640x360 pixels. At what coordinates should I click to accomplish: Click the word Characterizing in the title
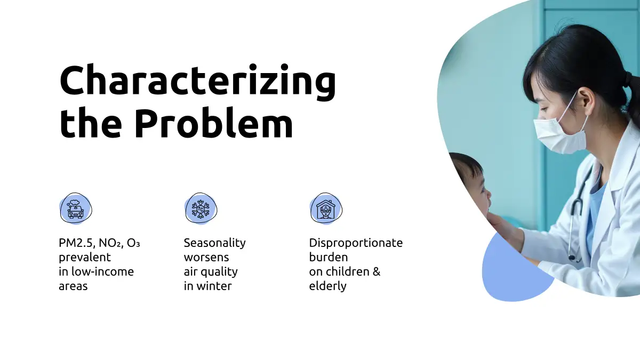[x=198, y=82]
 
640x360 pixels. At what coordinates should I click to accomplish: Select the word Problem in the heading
[x=213, y=123]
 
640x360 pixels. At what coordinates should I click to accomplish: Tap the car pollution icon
[x=76, y=209]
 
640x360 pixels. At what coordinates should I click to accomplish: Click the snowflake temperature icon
[x=201, y=209]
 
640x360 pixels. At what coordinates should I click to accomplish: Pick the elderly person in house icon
[x=326, y=209]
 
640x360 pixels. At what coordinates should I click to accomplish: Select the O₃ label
[x=133, y=243]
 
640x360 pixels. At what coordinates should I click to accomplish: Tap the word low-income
[x=102, y=271]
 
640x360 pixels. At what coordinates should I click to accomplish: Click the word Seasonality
[x=214, y=243]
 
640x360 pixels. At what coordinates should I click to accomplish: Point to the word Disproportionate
[x=356, y=243]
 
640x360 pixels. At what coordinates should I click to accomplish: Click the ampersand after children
[x=377, y=271]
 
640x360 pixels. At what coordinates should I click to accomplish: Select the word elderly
[x=327, y=286]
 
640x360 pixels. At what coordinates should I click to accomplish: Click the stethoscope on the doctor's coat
[x=577, y=217]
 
